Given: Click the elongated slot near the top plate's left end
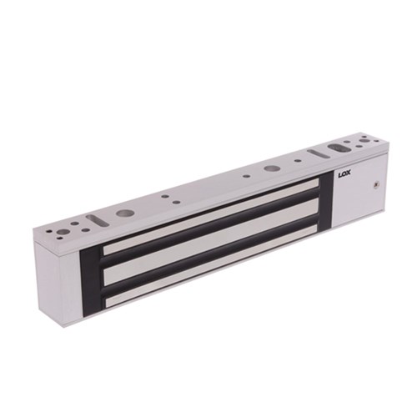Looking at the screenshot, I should pos(101,219).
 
